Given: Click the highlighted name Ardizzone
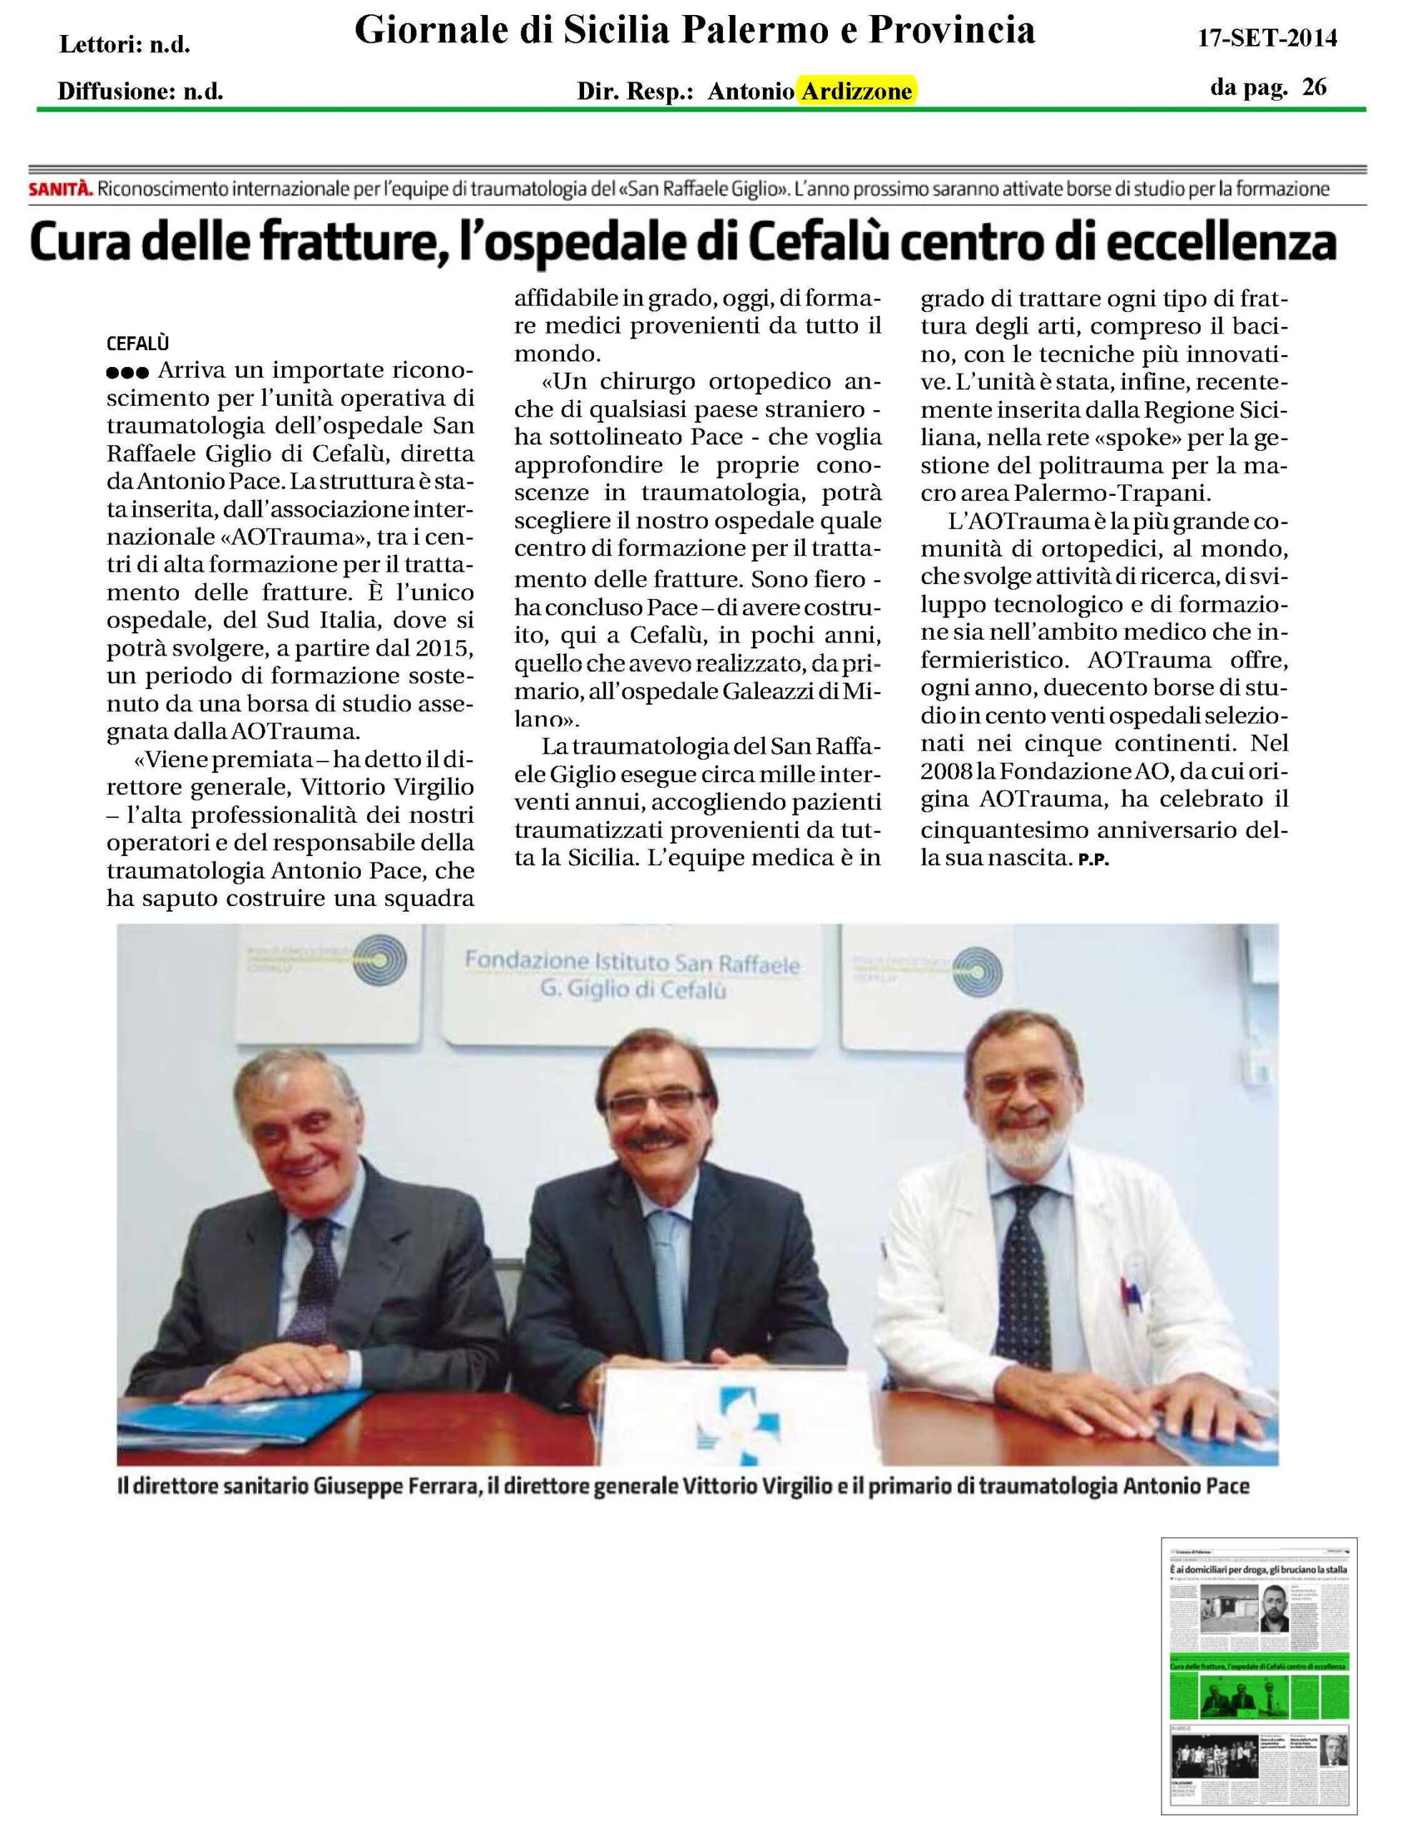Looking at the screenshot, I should (857, 92).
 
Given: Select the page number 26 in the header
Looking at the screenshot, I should (1314, 87).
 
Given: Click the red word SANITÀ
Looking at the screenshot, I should (60, 189).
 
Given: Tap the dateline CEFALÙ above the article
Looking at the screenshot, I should (138, 343).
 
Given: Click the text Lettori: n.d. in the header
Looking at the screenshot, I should (125, 44).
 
